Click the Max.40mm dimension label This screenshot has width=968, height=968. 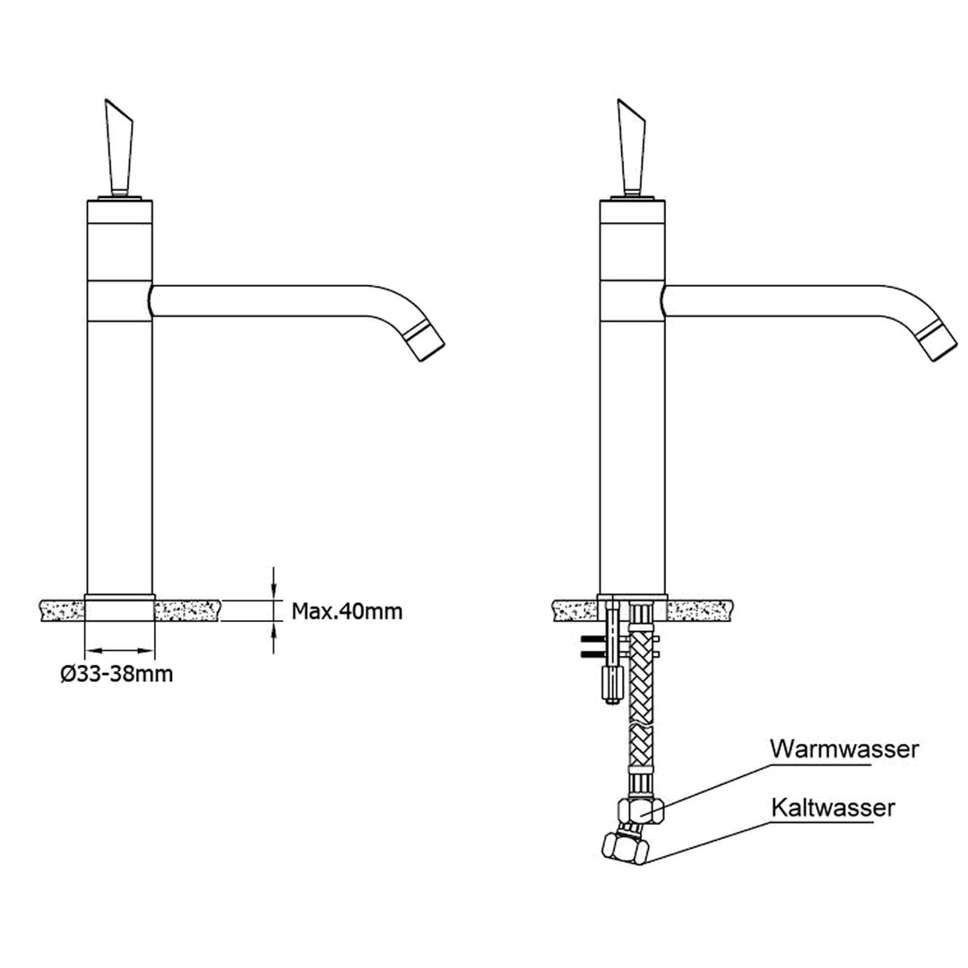click(x=346, y=611)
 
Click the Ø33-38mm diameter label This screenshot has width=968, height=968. click(x=117, y=673)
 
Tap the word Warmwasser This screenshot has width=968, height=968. click(x=844, y=748)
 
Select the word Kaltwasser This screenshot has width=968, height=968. click(x=833, y=807)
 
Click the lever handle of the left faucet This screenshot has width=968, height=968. click(x=119, y=147)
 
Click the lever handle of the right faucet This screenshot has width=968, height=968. click(x=632, y=147)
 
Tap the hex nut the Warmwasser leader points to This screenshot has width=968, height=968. click(x=640, y=810)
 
